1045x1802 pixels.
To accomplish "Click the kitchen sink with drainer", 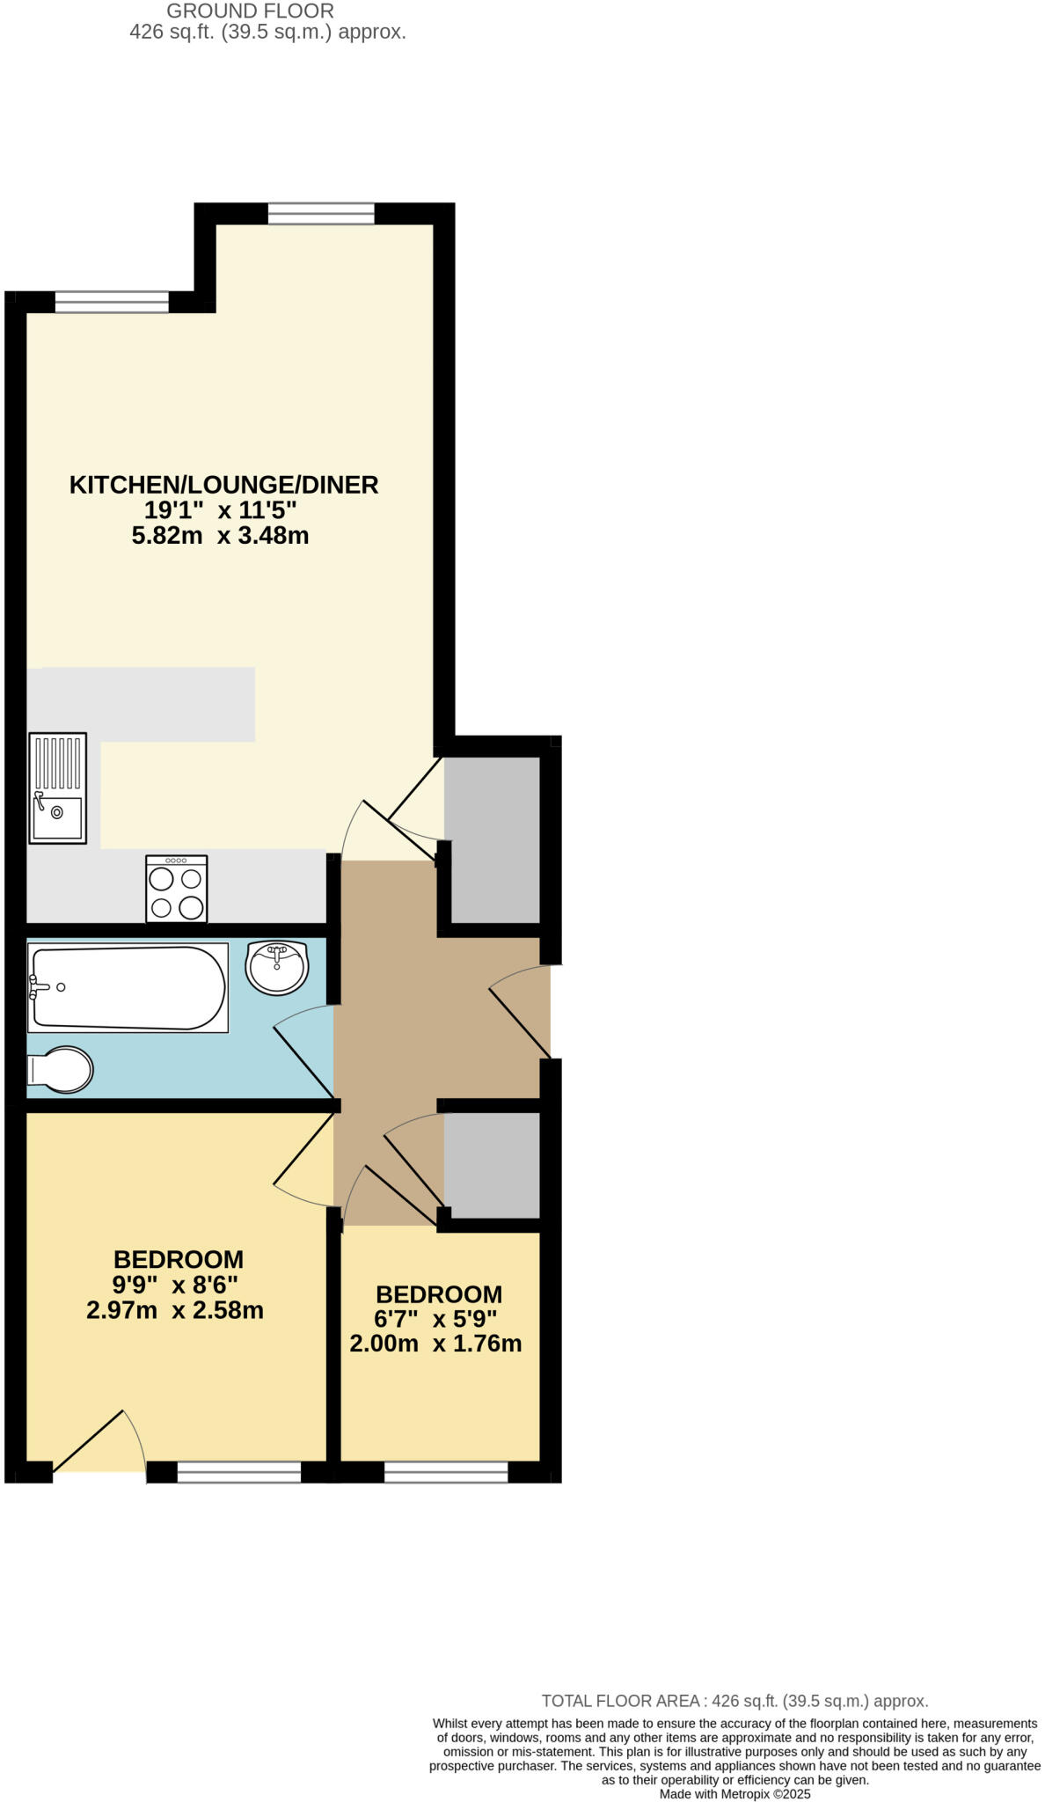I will [x=57, y=787].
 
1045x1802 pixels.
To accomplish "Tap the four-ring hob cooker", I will [x=176, y=889].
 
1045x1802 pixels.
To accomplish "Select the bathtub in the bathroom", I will [x=128, y=987].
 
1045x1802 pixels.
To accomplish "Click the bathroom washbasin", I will [x=277, y=967].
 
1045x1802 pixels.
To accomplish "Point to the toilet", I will [x=60, y=1070].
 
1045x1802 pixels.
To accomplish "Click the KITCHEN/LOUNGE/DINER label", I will [x=223, y=485].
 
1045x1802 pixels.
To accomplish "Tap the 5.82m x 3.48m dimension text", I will [x=220, y=535].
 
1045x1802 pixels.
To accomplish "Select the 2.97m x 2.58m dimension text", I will [x=175, y=1310].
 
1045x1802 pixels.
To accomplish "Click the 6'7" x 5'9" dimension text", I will [x=437, y=1319].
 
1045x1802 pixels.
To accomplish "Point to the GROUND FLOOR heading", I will [x=251, y=11].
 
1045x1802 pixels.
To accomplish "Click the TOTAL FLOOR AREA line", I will [x=734, y=1701].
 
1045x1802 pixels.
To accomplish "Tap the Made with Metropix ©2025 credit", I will [x=734, y=1793].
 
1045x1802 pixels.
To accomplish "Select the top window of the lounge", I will [x=321, y=214].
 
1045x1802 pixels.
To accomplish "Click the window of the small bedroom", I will [x=446, y=1471].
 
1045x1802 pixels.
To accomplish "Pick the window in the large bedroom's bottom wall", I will [x=239, y=1471].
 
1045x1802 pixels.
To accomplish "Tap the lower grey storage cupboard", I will [x=492, y=1165].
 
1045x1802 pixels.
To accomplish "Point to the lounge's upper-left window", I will [x=112, y=302].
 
